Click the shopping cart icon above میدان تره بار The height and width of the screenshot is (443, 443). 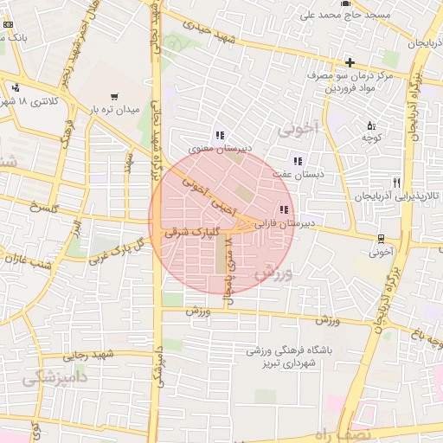click(x=114, y=97)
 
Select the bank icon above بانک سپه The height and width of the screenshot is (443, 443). click(x=8, y=24)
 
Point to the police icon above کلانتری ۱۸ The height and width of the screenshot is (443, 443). click(x=16, y=87)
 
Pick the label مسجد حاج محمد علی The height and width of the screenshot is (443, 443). click(x=342, y=15)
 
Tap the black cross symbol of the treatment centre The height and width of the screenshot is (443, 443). click(x=350, y=62)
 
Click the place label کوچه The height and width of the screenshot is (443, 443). click(x=372, y=138)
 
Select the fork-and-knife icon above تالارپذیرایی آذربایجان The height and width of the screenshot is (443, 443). click(x=396, y=183)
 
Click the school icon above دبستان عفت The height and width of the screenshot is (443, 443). click(x=299, y=160)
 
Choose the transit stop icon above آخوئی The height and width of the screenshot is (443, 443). click(x=381, y=239)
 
